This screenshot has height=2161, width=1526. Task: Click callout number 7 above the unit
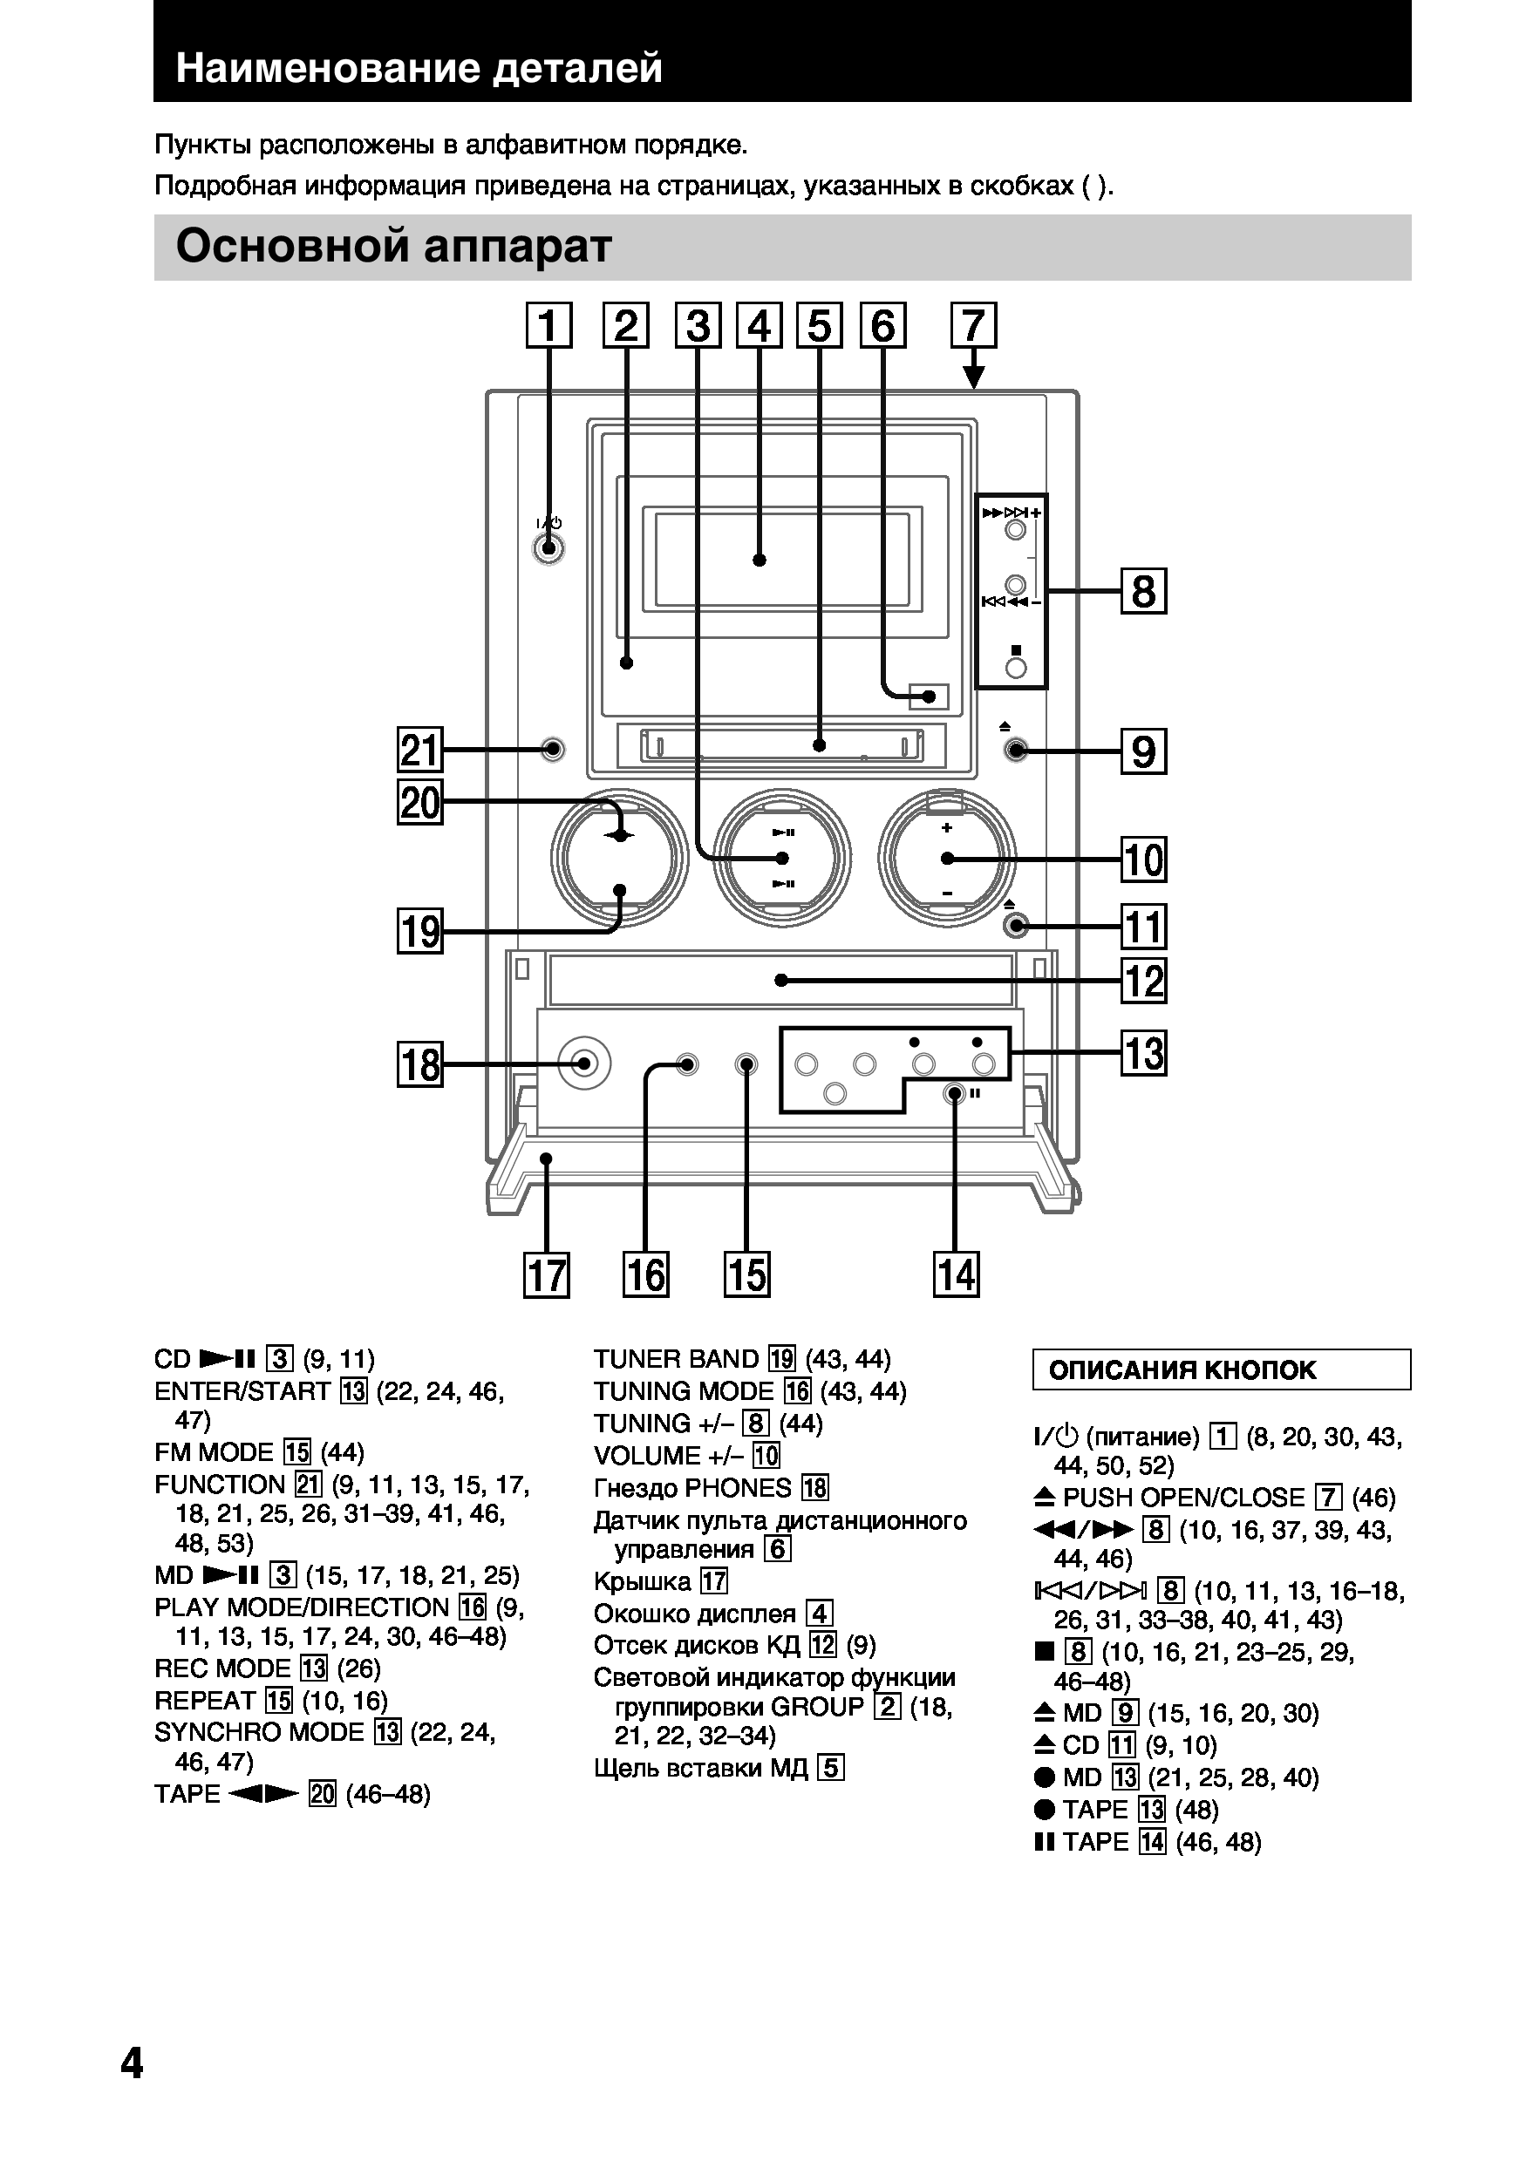[973, 326]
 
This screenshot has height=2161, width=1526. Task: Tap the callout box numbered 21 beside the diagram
[419, 751]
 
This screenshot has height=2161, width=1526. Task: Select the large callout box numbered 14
[956, 1275]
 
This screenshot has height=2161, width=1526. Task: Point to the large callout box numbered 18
[419, 1064]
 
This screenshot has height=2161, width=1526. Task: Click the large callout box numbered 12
[1144, 981]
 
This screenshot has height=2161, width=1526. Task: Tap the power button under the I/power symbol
[548, 547]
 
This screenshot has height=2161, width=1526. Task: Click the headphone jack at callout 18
[583, 1064]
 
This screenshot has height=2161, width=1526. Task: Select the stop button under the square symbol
[1015, 669]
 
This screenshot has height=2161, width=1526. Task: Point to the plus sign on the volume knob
[947, 827]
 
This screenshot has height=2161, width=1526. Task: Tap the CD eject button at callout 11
[1015, 926]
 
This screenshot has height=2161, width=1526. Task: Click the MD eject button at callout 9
[1015, 751]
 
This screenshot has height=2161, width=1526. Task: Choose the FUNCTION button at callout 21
[553, 751]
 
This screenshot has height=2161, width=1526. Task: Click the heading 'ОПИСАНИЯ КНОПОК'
[1182, 1370]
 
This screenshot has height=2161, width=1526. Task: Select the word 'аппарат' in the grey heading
[518, 247]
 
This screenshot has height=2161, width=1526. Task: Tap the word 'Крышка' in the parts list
[642, 1581]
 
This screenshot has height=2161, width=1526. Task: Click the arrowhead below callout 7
[974, 378]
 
